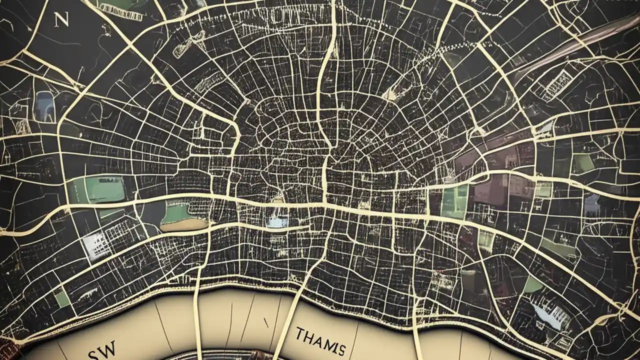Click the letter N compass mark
61,20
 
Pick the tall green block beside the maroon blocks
454,200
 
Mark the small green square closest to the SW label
62,298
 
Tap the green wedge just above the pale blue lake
532,284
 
